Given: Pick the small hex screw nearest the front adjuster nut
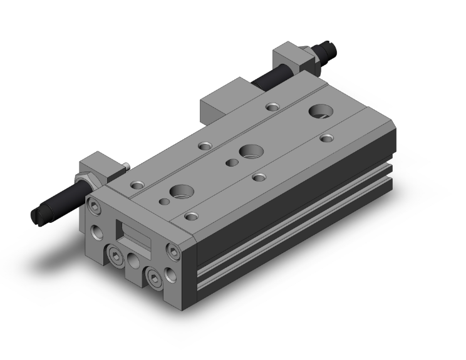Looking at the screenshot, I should coord(95,206).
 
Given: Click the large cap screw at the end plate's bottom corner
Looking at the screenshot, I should coord(152,276).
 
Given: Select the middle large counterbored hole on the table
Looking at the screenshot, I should coord(251,151).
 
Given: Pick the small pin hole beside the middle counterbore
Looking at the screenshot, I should coord(232,163).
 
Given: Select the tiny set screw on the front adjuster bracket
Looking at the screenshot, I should coord(127,166).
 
